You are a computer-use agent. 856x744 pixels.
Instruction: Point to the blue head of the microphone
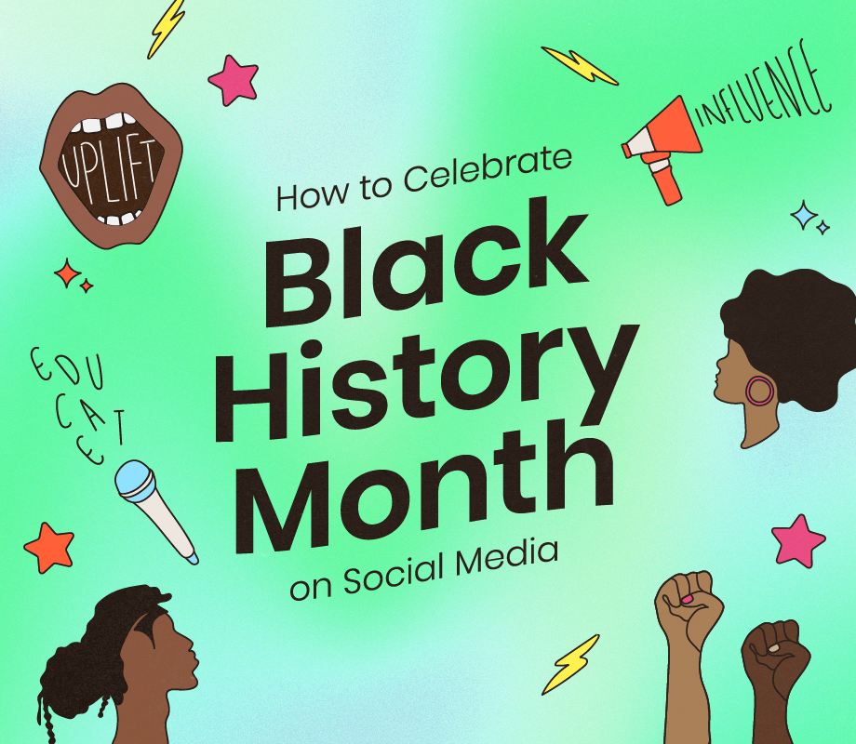point(133,476)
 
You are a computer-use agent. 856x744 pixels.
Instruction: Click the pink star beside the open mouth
point(233,80)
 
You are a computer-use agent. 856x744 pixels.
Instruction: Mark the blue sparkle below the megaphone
point(804,215)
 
